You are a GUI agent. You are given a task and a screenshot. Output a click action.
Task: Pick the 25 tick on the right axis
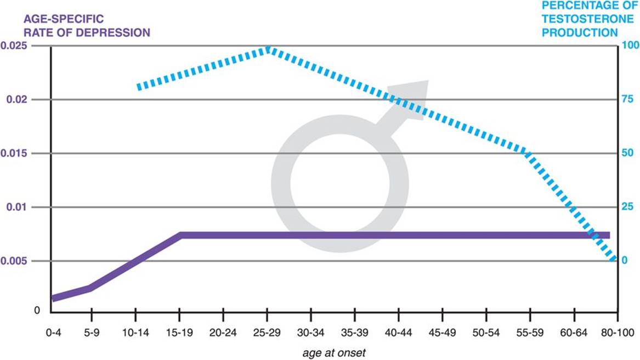pos(626,206)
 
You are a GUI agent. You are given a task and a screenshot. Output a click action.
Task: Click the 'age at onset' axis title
pos(333,353)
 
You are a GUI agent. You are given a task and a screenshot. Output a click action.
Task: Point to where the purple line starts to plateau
pos(181,235)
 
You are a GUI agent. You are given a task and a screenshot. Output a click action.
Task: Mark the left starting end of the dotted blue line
pos(139,87)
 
